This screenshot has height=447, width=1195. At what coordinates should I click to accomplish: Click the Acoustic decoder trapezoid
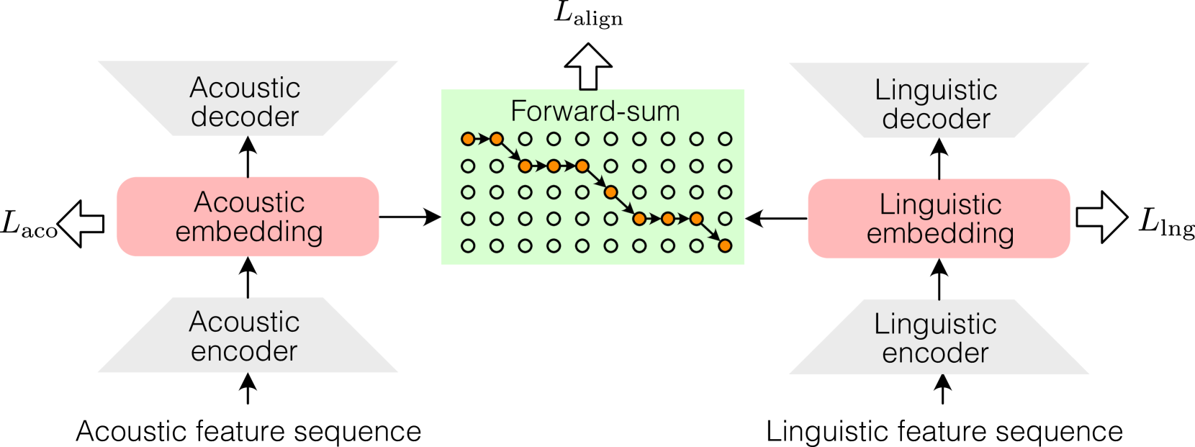(x=247, y=99)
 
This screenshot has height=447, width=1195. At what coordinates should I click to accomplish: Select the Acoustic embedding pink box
(x=248, y=217)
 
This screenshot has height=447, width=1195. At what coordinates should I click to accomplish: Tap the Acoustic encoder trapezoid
(x=247, y=335)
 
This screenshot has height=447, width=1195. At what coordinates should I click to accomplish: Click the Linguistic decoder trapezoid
(x=938, y=101)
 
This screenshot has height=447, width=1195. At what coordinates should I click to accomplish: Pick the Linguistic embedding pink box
(x=939, y=218)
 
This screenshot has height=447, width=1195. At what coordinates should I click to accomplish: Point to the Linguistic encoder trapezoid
(x=938, y=337)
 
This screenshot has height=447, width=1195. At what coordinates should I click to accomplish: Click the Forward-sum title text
(x=595, y=112)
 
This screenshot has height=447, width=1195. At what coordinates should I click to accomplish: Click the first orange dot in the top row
(x=468, y=139)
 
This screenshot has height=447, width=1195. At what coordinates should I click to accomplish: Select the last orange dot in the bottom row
(x=725, y=245)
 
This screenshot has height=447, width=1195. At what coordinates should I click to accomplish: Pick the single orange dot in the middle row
(x=610, y=192)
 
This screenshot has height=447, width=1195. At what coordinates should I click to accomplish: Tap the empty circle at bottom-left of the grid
(x=468, y=245)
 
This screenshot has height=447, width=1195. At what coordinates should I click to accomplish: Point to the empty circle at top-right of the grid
(x=725, y=139)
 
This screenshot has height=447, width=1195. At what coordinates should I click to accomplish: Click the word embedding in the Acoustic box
(x=249, y=232)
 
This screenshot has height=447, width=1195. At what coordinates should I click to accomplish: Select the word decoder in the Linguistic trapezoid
(x=936, y=119)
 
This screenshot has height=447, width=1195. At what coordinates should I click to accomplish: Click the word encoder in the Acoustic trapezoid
(x=244, y=351)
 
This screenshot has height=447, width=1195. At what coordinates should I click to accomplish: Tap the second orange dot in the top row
(x=497, y=139)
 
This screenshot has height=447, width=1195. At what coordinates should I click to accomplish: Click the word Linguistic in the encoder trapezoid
(x=935, y=324)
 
